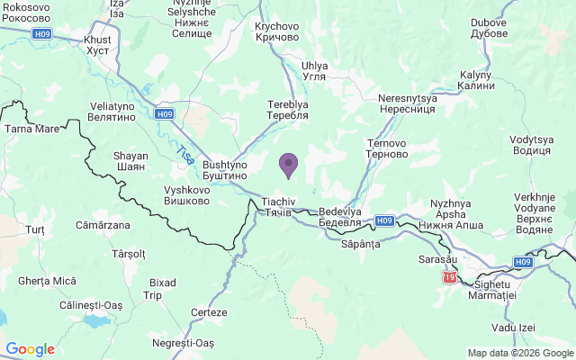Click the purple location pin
[288, 166]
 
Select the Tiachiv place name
[277, 206]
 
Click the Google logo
[30, 349]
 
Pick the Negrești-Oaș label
[184, 343]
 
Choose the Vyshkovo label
[187, 195]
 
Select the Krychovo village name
[277, 31]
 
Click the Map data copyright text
[519, 353]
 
